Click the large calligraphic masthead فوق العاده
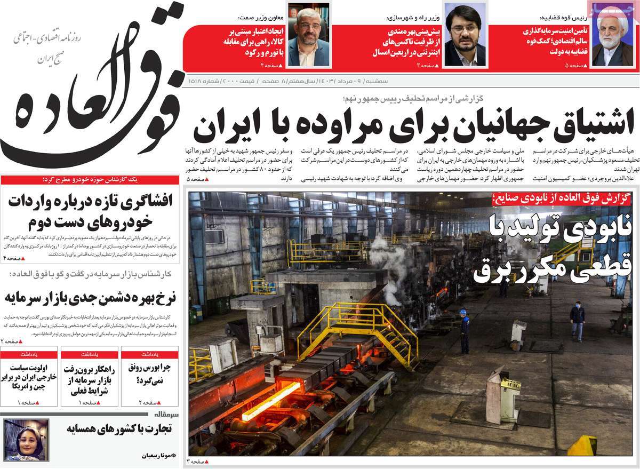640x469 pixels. (x=91, y=112)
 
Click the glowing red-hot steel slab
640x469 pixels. (x=271, y=400)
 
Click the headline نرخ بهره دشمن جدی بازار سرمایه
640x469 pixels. (x=93, y=296)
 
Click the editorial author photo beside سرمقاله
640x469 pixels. (x=20, y=440)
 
